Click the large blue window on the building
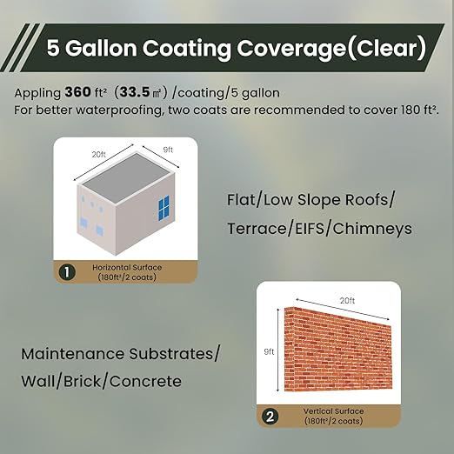tap(163, 209)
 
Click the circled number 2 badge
tap(270, 417)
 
